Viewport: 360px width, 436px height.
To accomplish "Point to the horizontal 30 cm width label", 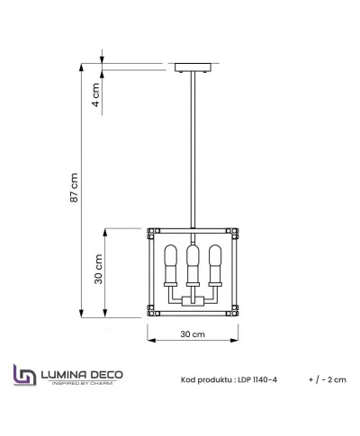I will tap(193, 334).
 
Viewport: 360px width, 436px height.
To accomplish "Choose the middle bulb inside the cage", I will tap(193, 262).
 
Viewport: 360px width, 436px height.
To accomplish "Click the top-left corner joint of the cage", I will tap(151, 231).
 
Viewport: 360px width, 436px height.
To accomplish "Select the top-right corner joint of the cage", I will tap(236, 231).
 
